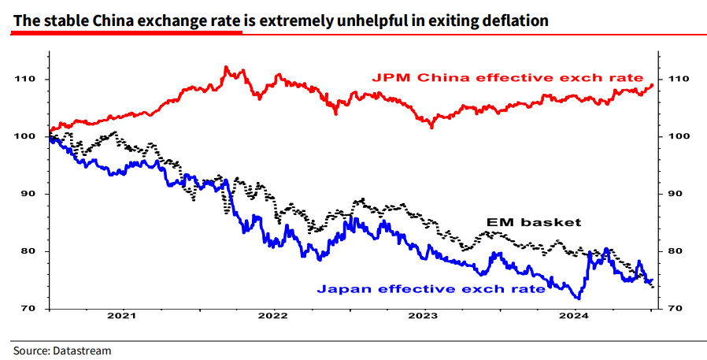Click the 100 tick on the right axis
[x=679, y=136]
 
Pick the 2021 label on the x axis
[x=122, y=319]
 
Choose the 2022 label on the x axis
[x=273, y=319]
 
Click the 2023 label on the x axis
[x=424, y=319]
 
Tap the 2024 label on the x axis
[x=575, y=319]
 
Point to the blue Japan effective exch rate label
[x=431, y=289]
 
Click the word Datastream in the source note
[x=83, y=350]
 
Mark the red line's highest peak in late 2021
[x=227, y=68]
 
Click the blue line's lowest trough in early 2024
[x=579, y=299]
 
